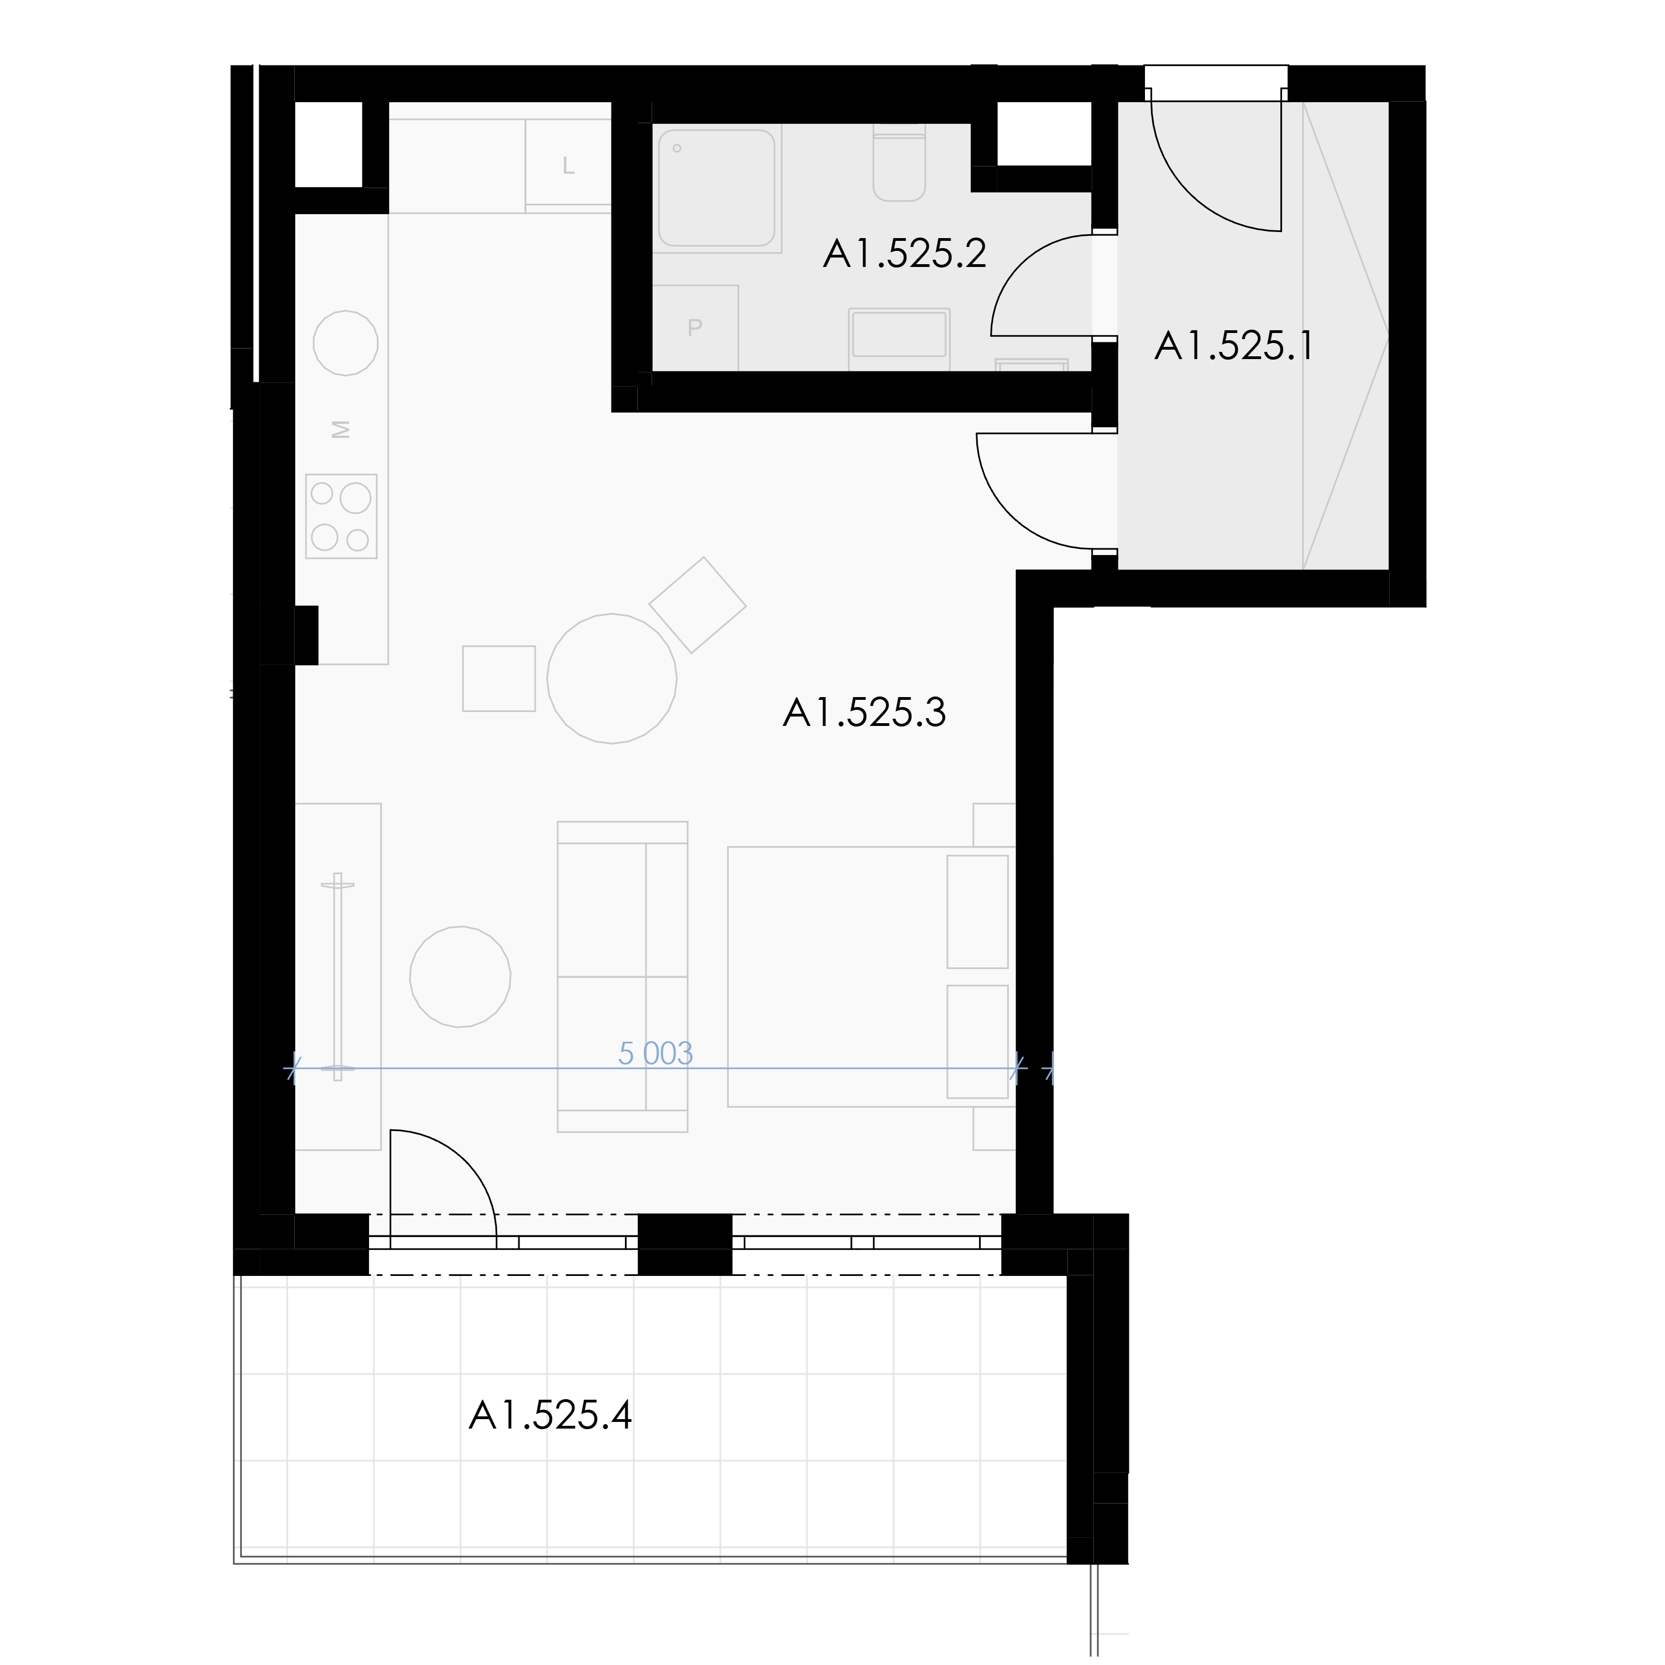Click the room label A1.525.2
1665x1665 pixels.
904,254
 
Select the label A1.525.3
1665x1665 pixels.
864,713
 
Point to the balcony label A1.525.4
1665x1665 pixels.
550,1415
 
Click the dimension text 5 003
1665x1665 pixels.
656,1053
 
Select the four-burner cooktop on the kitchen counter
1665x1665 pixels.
341,516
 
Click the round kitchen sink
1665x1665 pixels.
346,343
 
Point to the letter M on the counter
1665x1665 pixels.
341,428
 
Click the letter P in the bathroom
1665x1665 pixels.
695,327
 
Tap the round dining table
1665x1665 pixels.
612,678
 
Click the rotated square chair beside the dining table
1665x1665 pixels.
697,605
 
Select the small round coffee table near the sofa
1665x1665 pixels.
460,976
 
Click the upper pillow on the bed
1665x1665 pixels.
977,912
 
